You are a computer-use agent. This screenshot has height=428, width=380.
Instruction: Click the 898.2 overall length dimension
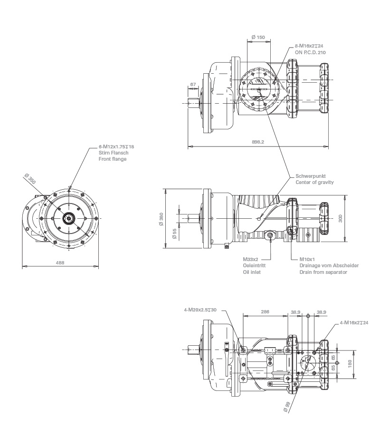[257, 142]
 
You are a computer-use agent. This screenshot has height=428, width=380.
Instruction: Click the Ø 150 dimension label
[258, 37]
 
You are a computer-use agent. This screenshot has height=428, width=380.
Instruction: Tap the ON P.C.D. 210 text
[310, 51]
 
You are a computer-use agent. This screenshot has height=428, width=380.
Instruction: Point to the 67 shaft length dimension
[193, 84]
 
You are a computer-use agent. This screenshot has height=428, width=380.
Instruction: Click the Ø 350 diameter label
[30, 180]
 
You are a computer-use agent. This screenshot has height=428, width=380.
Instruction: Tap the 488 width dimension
[60, 263]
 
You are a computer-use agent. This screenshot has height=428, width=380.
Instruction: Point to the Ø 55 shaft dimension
[174, 233]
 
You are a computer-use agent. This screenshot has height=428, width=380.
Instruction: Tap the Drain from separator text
[323, 272]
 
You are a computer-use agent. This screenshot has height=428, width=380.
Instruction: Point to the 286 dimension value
[265, 311]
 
